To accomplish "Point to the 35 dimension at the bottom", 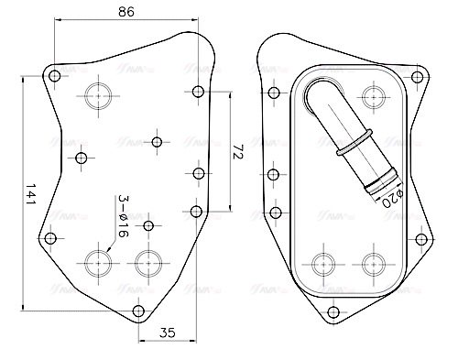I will point(167,333).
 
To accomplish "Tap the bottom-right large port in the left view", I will point(147,262).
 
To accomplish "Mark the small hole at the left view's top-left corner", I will point(54,75).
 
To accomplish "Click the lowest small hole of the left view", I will point(139,311).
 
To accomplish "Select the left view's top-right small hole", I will point(199,91).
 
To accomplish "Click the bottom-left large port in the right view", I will point(322,263).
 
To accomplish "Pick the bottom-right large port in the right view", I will point(371,263).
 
